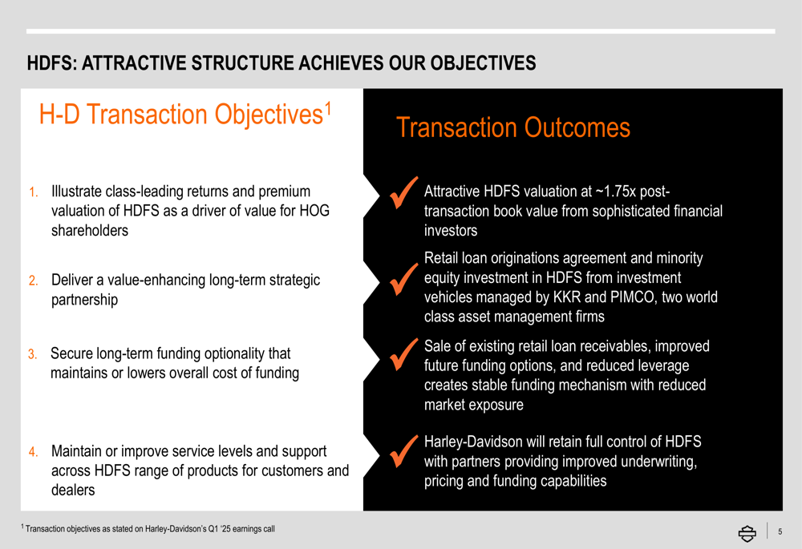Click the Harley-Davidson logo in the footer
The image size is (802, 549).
tap(747, 533)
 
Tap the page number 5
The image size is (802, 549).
tap(780, 531)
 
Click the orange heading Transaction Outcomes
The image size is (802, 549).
tap(513, 127)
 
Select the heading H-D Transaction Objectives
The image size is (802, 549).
tap(185, 114)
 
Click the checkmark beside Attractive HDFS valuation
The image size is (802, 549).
tap(403, 192)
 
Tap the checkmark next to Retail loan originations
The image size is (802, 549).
tap(403, 279)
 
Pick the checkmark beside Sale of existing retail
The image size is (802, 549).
tap(403, 353)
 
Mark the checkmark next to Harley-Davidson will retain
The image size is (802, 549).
tap(403, 451)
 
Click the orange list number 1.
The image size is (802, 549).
tap(33, 192)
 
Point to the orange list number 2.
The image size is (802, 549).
tap(33, 281)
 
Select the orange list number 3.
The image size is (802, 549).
tap(32, 354)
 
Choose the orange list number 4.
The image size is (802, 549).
tap(33, 452)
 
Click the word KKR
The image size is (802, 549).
tap(567, 297)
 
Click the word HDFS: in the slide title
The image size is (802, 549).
tap(52, 63)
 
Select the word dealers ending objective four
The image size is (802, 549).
tap(73, 490)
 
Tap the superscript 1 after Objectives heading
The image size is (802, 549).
tap(328, 107)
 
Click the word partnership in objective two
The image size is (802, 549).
tap(84, 300)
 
